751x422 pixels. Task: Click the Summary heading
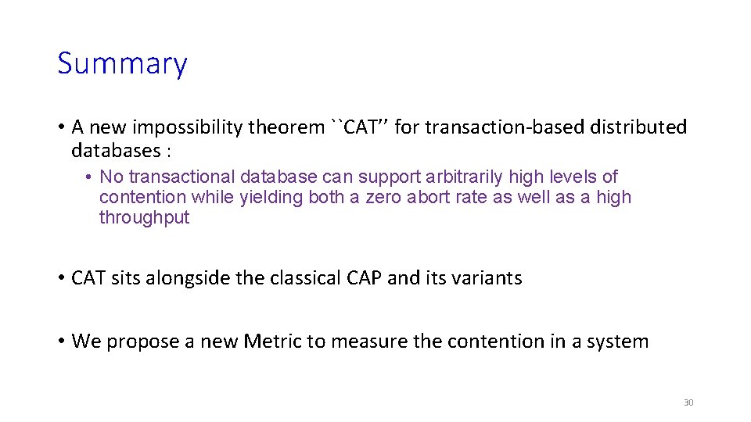click(122, 64)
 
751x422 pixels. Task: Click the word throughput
click(144, 218)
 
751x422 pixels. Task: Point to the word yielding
click(271, 198)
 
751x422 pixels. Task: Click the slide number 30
click(688, 402)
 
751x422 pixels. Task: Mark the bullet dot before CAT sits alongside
click(61, 278)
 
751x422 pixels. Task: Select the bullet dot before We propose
click(61, 342)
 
